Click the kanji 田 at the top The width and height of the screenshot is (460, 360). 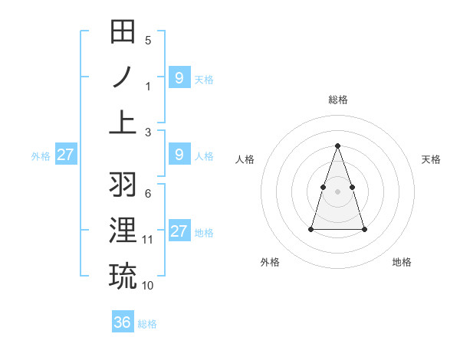coord(123,33)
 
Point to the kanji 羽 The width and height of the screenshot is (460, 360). coord(123,185)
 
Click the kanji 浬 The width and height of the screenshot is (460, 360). coord(123,231)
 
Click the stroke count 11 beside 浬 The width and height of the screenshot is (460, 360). coord(148,240)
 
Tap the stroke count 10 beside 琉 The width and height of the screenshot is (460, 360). coord(148,286)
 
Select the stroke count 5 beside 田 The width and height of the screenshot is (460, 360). coord(148,41)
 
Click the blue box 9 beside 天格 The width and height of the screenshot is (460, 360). coord(179,78)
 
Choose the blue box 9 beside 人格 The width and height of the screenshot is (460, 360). coord(179,155)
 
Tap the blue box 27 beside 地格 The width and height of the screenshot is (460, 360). coord(179,231)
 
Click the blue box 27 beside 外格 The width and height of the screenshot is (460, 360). coord(65,155)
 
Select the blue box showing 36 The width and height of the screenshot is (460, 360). coord(123,322)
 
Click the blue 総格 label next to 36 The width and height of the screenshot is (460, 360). coord(147,324)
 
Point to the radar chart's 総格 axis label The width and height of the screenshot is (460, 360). coord(337,100)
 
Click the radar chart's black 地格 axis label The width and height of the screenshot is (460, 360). coord(402,262)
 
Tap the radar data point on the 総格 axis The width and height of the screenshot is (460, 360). coord(337,146)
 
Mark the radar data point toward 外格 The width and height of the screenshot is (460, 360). coord(310,229)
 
